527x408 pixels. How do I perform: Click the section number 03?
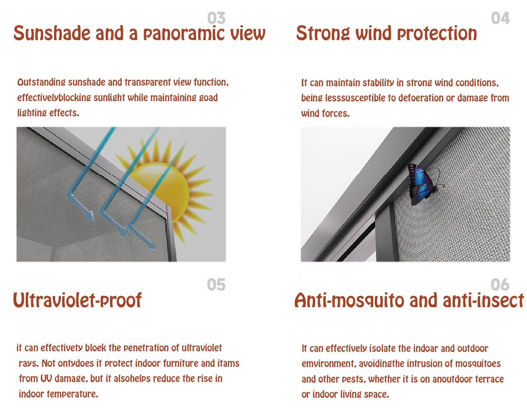tap(216, 19)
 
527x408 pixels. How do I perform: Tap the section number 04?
tap(500, 19)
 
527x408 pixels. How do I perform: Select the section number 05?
tap(216, 284)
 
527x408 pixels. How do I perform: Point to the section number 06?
tap(500, 284)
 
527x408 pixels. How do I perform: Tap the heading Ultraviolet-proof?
tap(77, 300)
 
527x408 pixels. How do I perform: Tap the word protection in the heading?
tap(437, 34)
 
